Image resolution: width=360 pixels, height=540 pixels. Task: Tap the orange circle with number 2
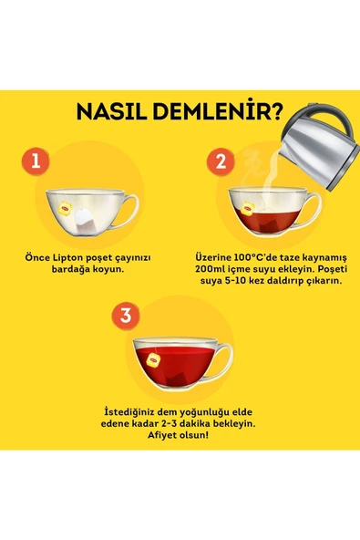coord(220,162)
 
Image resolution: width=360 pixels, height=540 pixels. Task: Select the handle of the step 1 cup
coord(129,209)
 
